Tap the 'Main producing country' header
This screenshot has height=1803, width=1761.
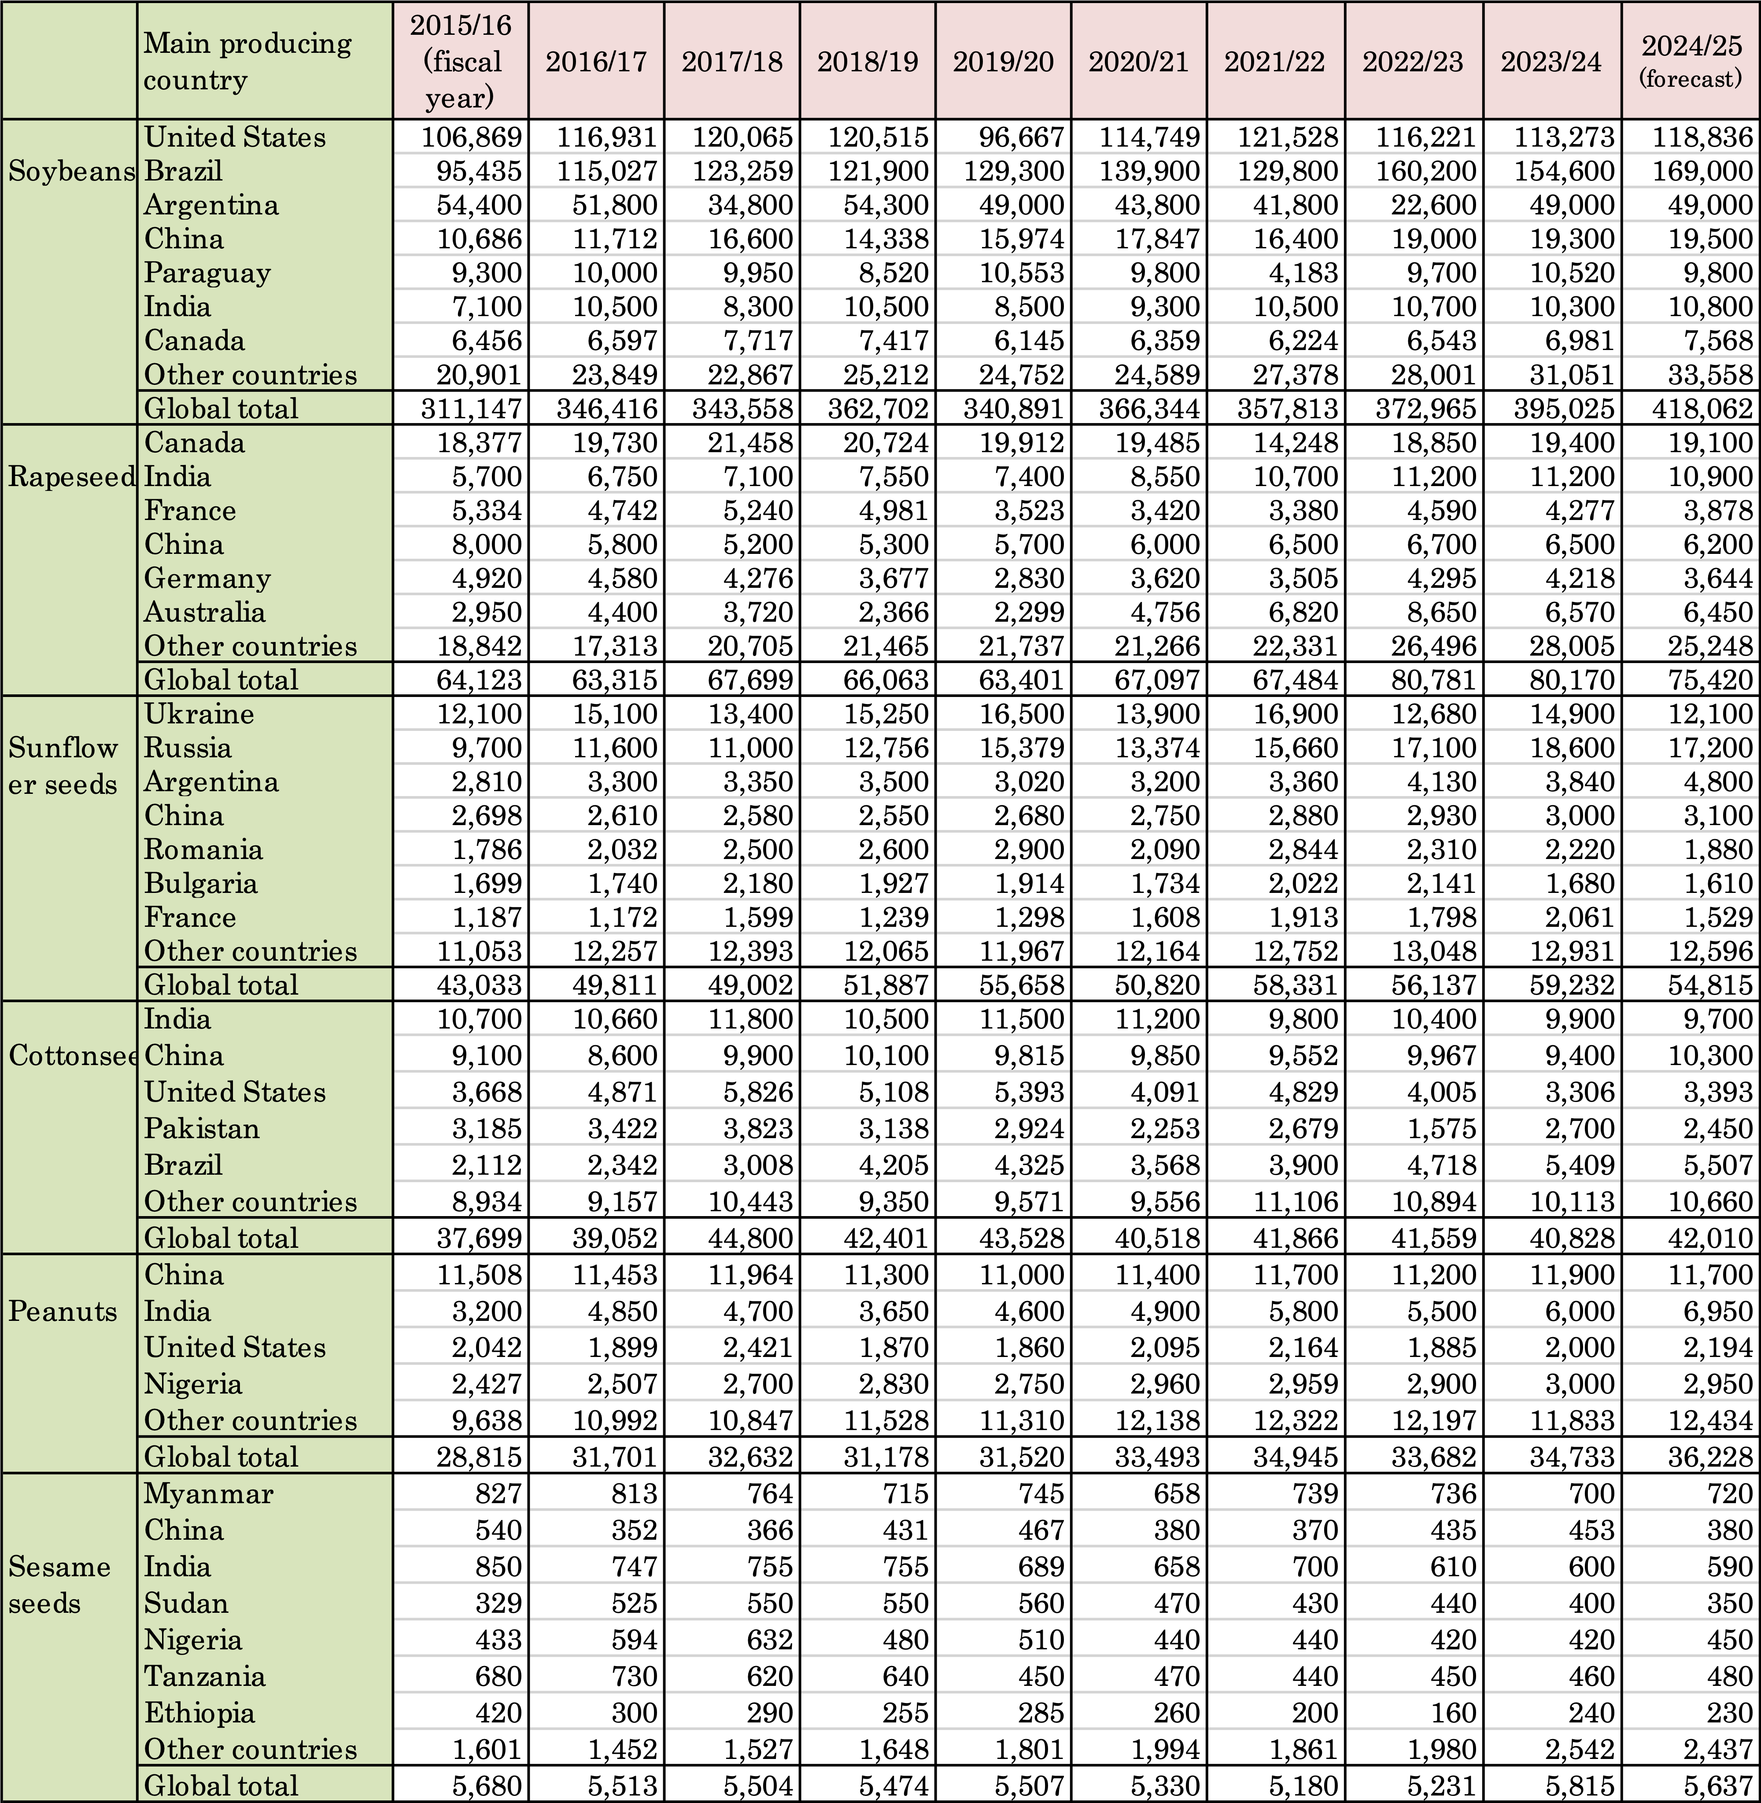(x=248, y=61)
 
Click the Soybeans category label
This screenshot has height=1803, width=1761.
(x=70, y=171)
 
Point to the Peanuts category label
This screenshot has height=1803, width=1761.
(x=63, y=1311)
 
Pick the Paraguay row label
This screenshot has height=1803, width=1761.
(x=207, y=273)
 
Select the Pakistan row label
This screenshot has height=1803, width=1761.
(x=202, y=1128)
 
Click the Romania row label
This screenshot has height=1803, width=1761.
(x=203, y=849)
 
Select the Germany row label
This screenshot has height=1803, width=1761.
(x=207, y=578)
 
